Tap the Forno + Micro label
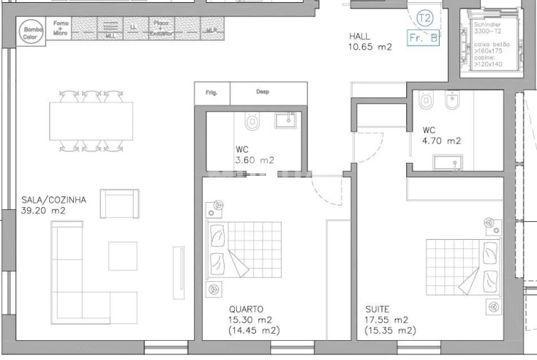[61, 28]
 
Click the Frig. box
[211, 92]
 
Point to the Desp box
[262, 92]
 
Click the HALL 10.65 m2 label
[370, 42]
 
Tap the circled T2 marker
[425, 18]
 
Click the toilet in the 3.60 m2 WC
[251, 122]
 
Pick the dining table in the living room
[91, 121]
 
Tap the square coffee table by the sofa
[122, 256]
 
